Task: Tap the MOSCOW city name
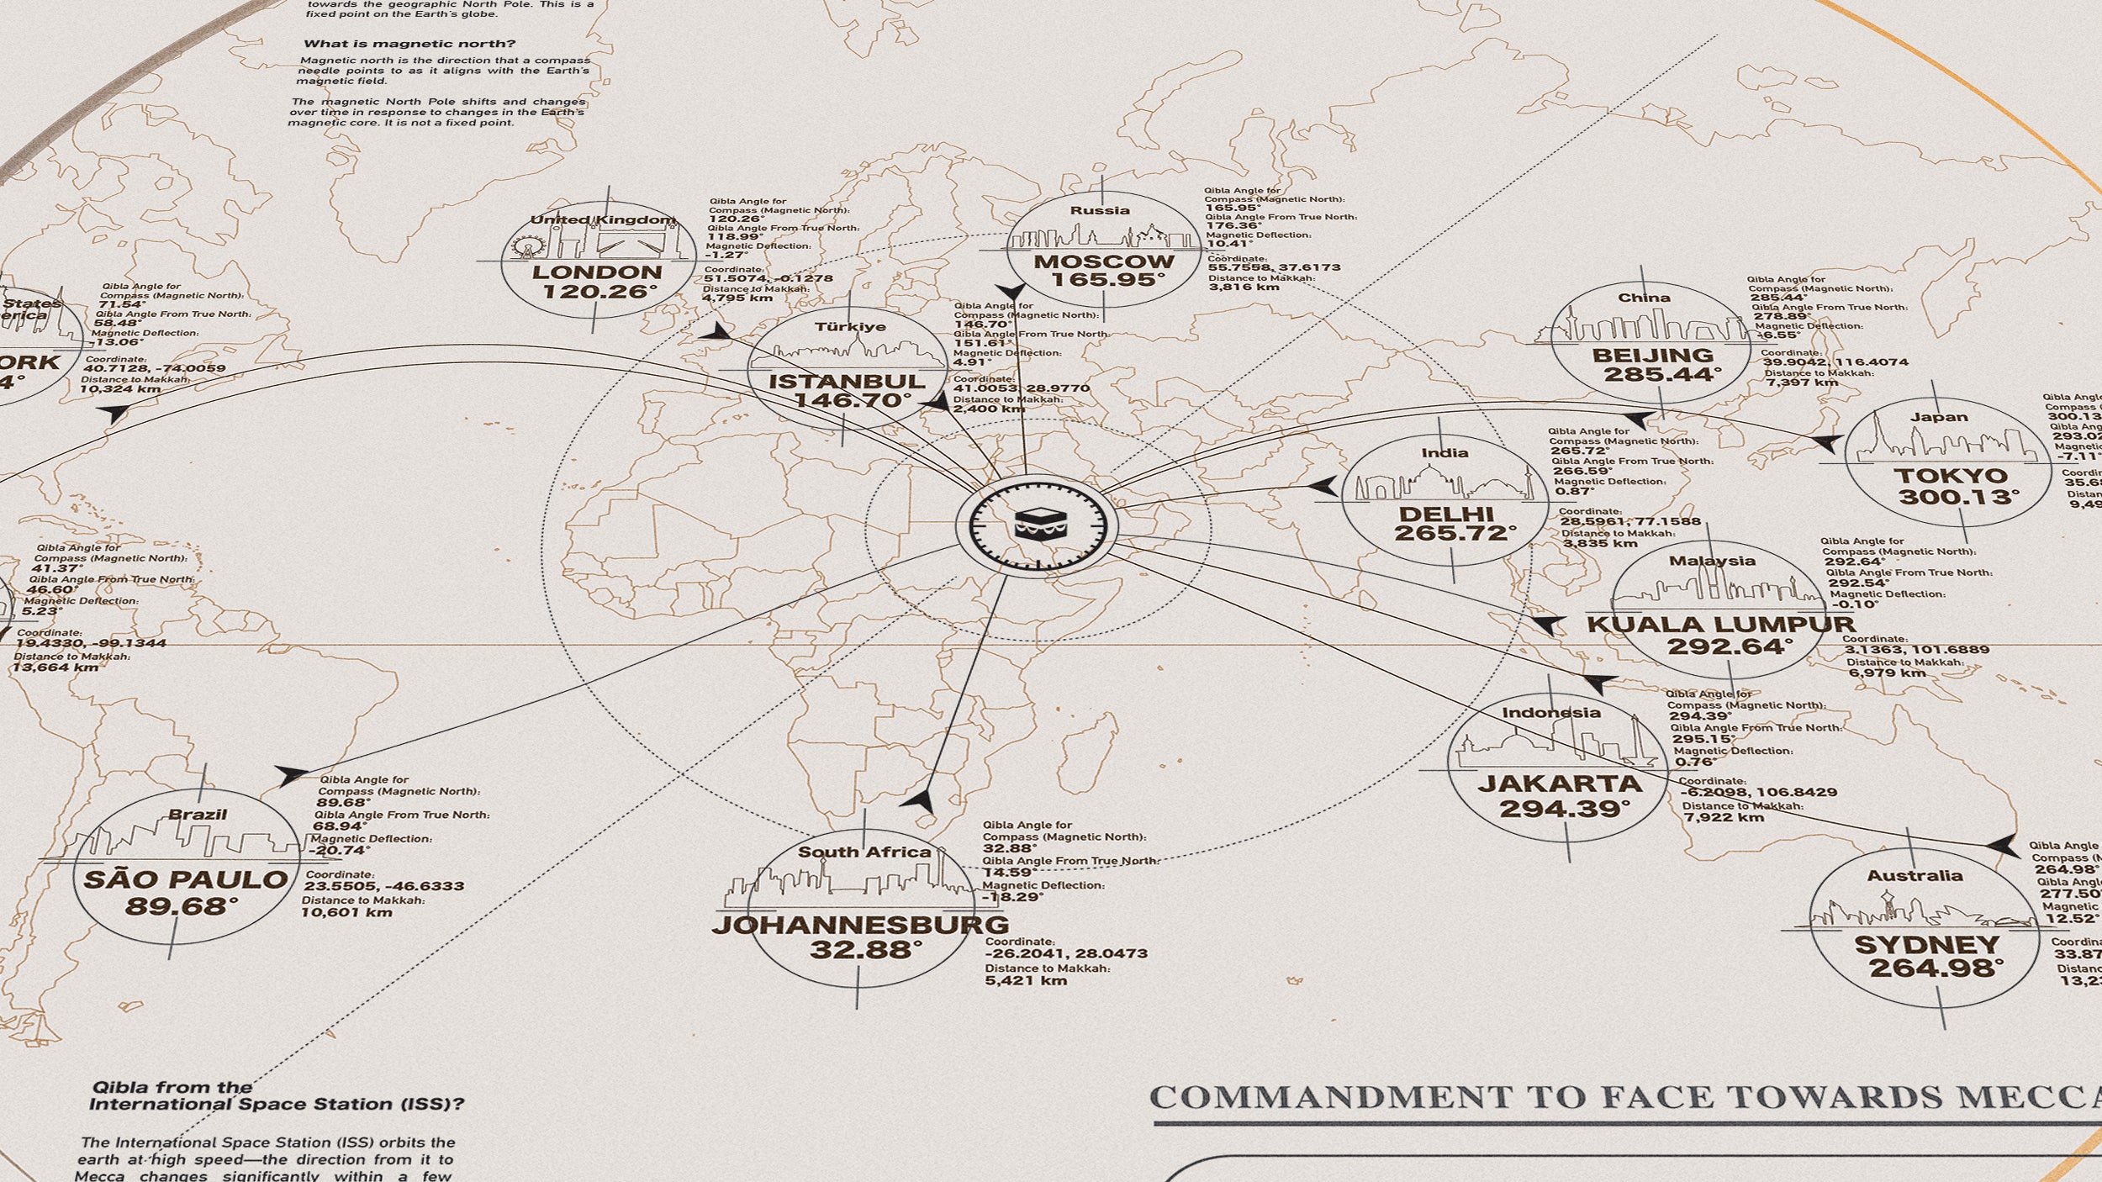(1103, 261)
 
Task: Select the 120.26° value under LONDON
(599, 292)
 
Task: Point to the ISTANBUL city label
(847, 381)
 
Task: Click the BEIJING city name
(1652, 355)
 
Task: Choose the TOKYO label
(1951, 476)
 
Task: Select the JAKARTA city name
(1560, 784)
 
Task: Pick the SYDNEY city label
(1927, 945)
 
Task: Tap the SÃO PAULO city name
(186, 880)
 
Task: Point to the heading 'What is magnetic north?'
(409, 44)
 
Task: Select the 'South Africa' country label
(864, 852)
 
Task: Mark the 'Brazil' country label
(198, 814)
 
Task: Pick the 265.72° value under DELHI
(1455, 533)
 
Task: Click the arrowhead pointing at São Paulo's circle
(291, 774)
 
